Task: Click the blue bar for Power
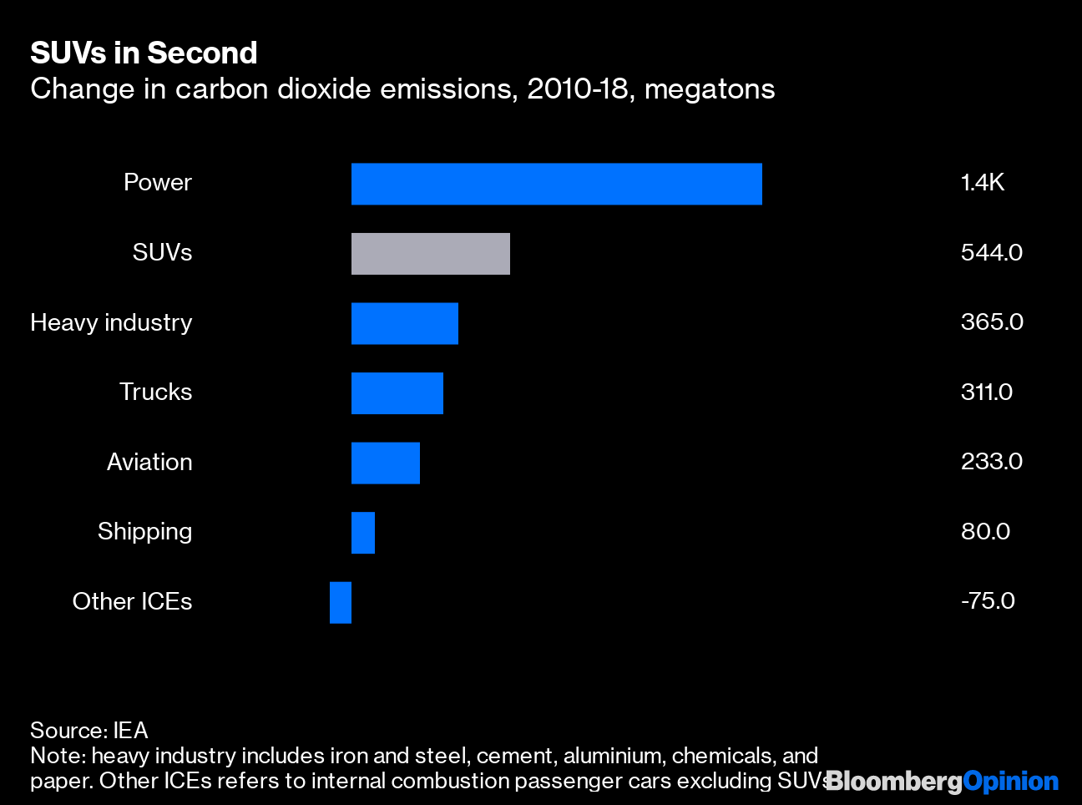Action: point(556,184)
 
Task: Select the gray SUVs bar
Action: point(430,254)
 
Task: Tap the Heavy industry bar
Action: point(404,323)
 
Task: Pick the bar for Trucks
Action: point(397,393)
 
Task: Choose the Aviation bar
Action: point(385,463)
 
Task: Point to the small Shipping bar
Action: point(362,533)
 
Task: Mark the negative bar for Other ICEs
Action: point(340,602)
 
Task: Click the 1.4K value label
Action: point(982,183)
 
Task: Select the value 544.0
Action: point(991,252)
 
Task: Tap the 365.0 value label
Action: point(991,322)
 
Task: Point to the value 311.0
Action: point(986,392)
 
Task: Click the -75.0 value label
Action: point(987,601)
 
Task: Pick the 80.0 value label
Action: point(985,531)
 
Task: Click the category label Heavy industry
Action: point(111,322)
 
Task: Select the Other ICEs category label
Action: point(132,601)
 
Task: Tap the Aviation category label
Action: point(149,462)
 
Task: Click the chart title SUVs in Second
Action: point(144,53)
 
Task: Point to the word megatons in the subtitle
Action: point(710,89)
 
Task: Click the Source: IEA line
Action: point(88,731)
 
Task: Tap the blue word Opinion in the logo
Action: point(1010,782)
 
